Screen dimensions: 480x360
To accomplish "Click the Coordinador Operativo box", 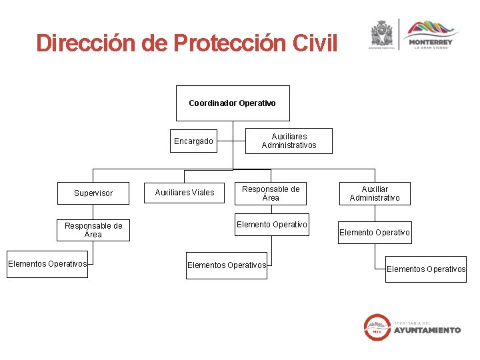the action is pyautogui.click(x=233, y=103).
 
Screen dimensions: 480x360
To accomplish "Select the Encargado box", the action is pyautogui.click(x=193, y=141).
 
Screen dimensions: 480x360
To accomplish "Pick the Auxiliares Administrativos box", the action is pyautogui.click(x=289, y=141).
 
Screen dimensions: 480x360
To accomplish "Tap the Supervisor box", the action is pyautogui.click(x=93, y=193).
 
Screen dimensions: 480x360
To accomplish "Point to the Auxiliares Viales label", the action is pyautogui.click(x=185, y=193).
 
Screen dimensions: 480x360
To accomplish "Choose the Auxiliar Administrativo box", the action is pyautogui.click(x=375, y=193).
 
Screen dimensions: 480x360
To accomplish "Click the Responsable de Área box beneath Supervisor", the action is pyautogui.click(x=93, y=231).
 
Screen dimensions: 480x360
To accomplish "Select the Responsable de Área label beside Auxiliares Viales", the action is pyautogui.click(x=271, y=193).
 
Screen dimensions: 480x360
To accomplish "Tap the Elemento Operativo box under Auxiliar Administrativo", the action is pyautogui.click(x=375, y=233).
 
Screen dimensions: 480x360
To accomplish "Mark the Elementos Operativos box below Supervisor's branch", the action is pyautogui.click(x=47, y=264).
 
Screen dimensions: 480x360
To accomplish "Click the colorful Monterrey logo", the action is pyautogui.click(x=430, y=29).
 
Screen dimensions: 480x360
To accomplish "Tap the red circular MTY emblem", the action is pyautogui.click(x=377, y=327).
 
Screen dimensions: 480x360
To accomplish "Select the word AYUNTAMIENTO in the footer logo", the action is pyautogui.click(x=427, y=330).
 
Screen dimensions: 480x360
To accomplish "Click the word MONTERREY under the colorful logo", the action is pyautogui.click(x=431, y=43).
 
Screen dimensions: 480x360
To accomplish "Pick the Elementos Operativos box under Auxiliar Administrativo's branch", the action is pyautogui.click(x=426, y=269).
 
